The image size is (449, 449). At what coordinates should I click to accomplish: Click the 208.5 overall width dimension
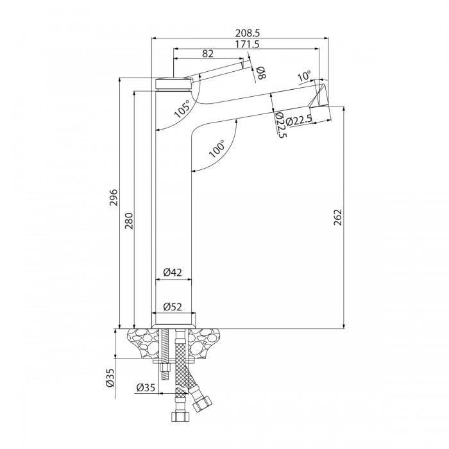pyautogui.click(x=247, y=32)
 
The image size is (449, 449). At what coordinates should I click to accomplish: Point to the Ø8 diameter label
pyautogui.click(x=260, y=72)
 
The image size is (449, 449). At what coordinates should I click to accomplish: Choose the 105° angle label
pyautogui.click(x=182, y=110)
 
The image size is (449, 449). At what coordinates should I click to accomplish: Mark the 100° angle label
pyautogui.click(x=216, y=149)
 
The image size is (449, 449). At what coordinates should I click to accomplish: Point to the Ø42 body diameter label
pyautogui.click(x=172, y=273)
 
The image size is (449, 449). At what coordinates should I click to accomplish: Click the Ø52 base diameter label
pyautogui.click(x=173, y=307)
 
